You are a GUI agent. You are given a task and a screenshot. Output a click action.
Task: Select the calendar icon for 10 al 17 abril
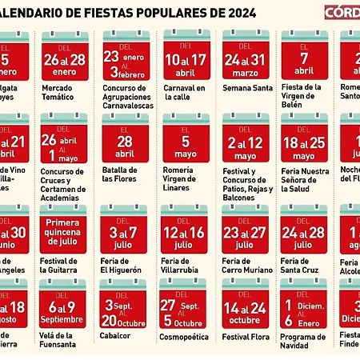(x=186, y=54)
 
